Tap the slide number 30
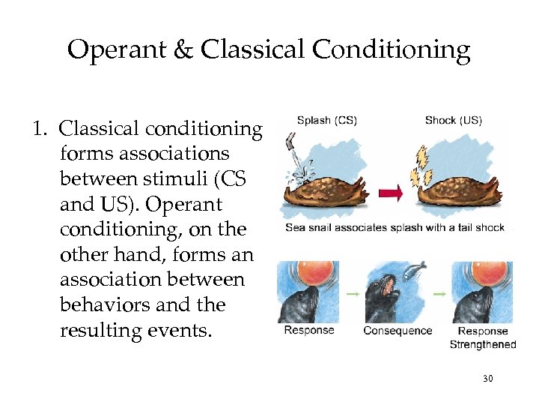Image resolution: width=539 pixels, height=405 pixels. tap(487, 379)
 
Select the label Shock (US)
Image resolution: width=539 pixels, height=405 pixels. tap(453, 120)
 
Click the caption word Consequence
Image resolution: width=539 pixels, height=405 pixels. tap(398, 331)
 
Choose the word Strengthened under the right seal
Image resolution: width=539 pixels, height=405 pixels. tap(483, 345)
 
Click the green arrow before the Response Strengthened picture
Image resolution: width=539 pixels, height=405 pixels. tap(442, 295)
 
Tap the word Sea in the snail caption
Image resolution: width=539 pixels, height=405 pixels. tap(296, 227)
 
